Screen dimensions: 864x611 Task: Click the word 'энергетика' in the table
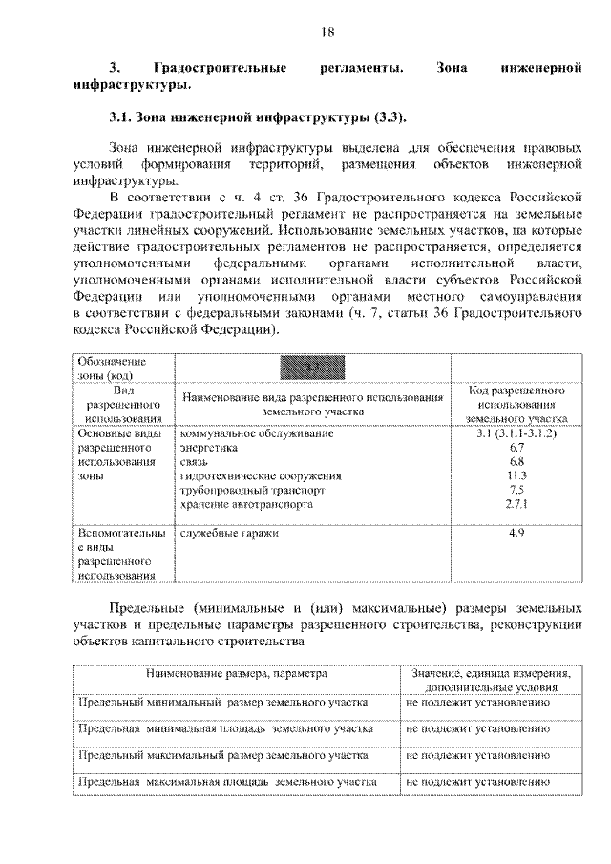(209, 447)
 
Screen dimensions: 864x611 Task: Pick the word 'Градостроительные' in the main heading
(221, 68)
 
